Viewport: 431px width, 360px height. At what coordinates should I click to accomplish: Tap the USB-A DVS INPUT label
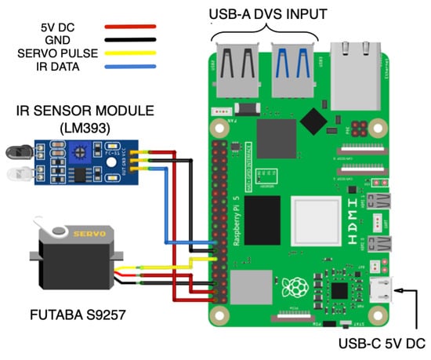[x=267, y=14]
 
